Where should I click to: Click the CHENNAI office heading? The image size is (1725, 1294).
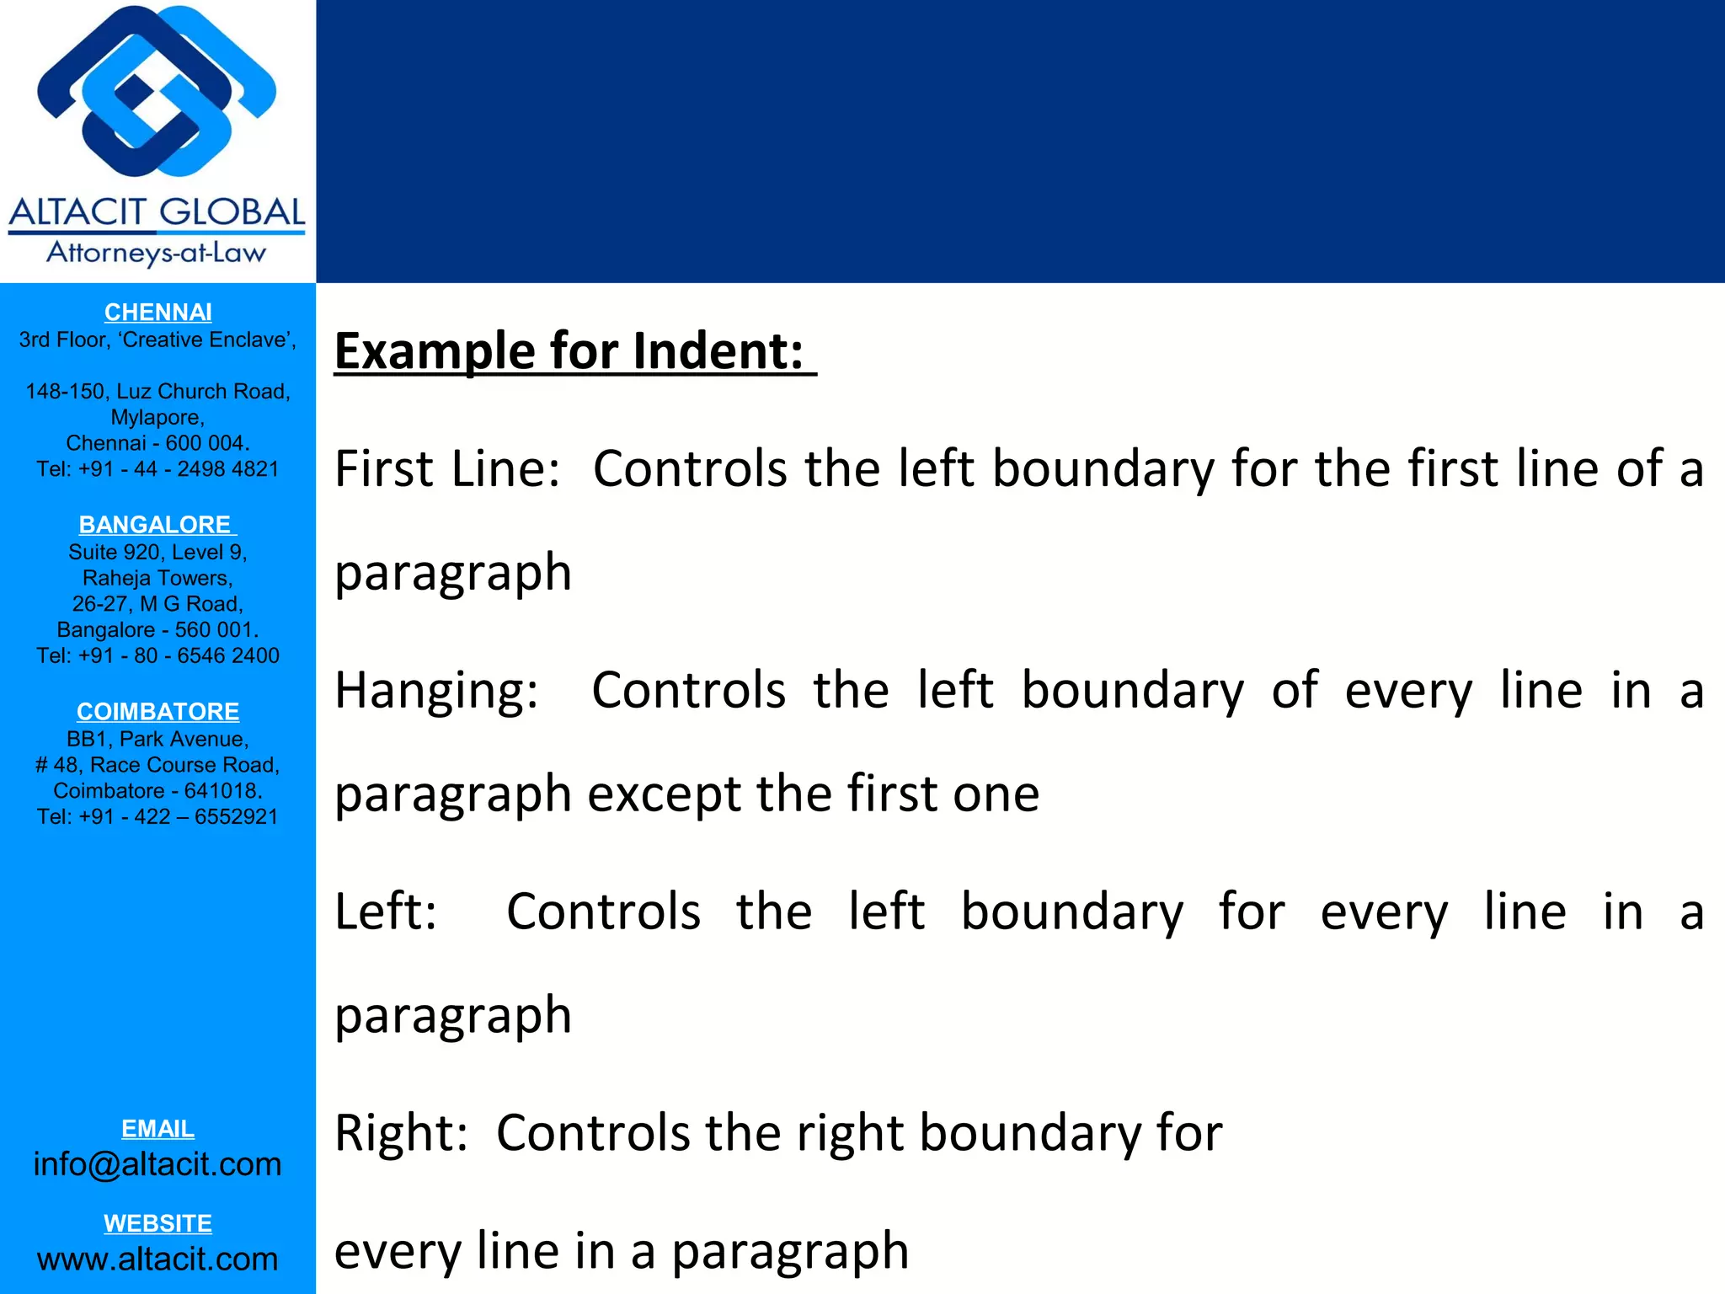pos(158,313)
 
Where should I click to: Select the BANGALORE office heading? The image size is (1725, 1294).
pos(155,525)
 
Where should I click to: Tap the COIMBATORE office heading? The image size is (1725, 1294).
pos(158,712)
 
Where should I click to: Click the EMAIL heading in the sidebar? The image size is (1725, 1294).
pos(158,1129)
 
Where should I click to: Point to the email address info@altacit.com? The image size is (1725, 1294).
pos(158,1164)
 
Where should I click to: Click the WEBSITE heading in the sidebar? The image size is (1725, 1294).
pos(158,1223)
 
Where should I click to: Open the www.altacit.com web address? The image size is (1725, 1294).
pos(158,1259)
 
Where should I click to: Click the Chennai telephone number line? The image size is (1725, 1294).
pos(158,469)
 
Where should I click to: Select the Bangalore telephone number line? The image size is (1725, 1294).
pos(158,655)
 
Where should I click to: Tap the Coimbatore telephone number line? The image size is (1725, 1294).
pos(158,816)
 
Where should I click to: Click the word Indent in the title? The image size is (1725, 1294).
pos(718,351)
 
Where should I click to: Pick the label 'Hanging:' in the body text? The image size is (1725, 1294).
pos(436,691)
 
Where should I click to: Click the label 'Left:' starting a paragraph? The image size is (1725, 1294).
pos(386,912)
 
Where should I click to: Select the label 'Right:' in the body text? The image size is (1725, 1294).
pos(401,1132)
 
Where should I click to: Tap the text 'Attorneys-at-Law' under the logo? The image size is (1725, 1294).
pos(157,253)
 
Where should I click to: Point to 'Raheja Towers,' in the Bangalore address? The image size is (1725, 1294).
pos(158,578)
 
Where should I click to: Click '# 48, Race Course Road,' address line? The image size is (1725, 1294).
pos(158,765)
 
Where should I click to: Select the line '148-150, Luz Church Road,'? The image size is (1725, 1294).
pos(158,392)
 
